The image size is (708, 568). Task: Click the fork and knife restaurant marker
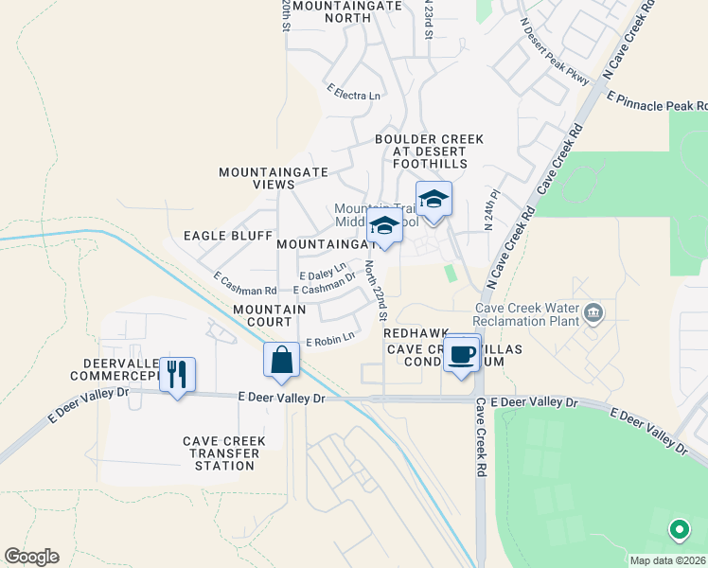pos(177,375)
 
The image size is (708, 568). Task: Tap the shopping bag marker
pos(282,360)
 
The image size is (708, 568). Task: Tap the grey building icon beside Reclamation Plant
pos(593,312)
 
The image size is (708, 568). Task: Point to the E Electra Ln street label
pos(353,93)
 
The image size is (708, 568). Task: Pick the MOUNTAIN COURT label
pos(269,316)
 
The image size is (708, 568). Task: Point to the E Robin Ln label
pos(329,338)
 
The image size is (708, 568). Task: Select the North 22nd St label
pos(377,289)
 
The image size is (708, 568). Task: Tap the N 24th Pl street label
pos(489,217)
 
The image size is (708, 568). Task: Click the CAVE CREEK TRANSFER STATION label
pos(224,453)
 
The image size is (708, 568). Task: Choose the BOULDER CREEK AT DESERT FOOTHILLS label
pos(429,151)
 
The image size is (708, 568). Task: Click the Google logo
pos(31,556)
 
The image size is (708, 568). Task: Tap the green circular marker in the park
pos(679,529)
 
